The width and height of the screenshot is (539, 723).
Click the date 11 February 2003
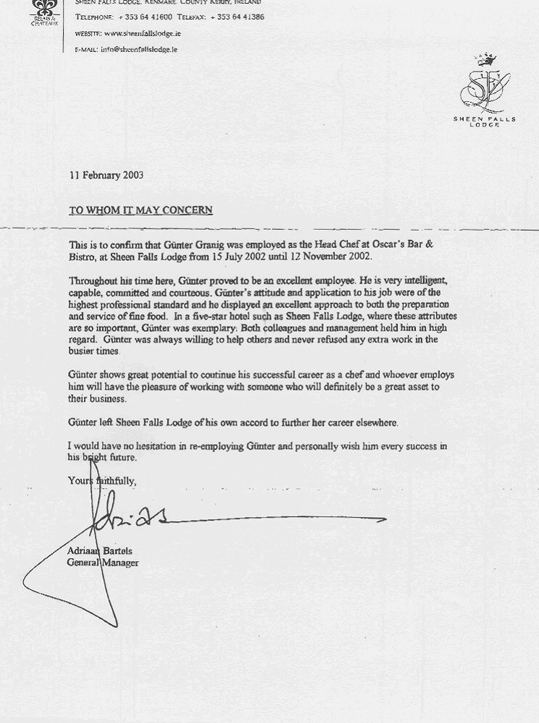[106, 175]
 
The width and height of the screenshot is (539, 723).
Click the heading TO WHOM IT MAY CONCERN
[140, 210]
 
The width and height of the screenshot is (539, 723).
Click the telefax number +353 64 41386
[238, 17]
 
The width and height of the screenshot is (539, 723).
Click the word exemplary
[195, 328]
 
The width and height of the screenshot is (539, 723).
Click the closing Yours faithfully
[102, 480]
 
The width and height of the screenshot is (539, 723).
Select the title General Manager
[102, 562]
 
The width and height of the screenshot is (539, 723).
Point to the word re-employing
[223, 446]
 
